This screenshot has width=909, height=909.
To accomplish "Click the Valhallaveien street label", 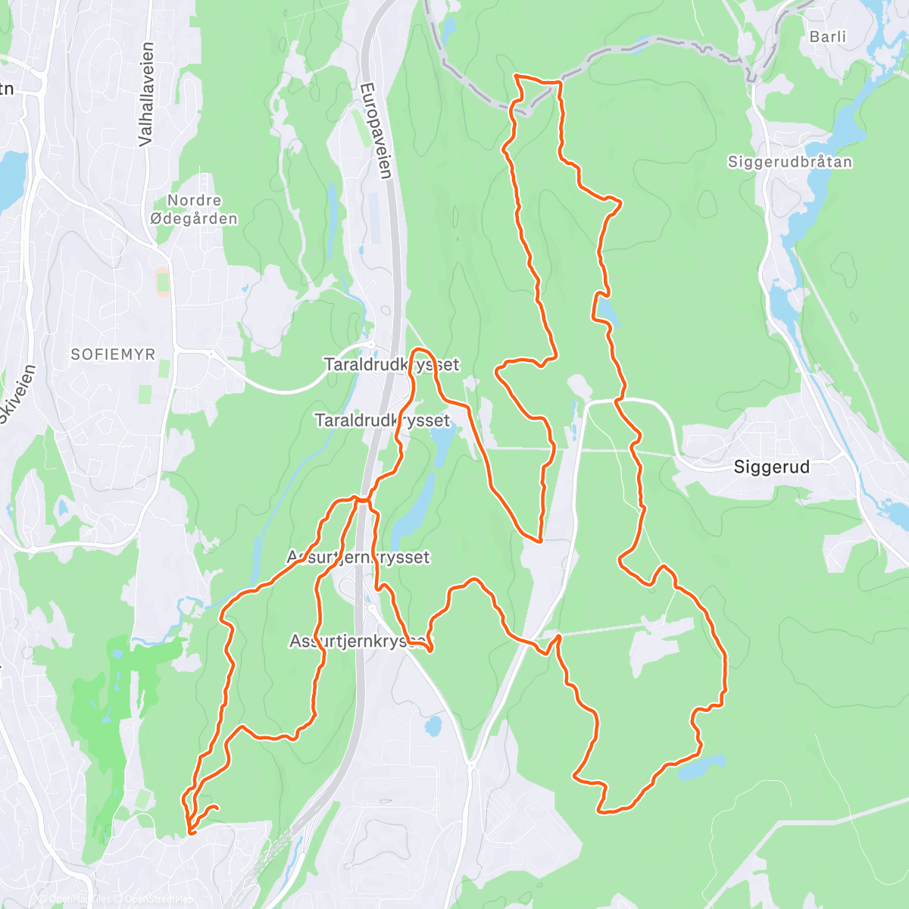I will tap(146, 94).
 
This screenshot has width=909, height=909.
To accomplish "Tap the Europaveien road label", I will tap(376, 130).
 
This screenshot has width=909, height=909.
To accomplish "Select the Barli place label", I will tap(827, 36).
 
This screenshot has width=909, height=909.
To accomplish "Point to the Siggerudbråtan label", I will tap(789, 161).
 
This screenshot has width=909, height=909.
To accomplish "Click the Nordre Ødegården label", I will tap(194, 209).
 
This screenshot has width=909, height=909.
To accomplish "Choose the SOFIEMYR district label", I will tap(113, 354).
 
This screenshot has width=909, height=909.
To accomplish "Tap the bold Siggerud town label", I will tap(771, 467).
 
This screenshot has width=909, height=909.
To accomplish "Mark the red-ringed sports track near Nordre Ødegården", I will tap(162, 283).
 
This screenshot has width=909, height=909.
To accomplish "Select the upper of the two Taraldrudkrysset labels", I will tap(391, 364).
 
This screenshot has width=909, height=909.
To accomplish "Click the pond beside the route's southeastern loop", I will tap(701, 768).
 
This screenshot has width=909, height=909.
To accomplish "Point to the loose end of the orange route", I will tap(217, 807).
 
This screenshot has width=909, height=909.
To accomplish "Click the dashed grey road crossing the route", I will tap(636, 49).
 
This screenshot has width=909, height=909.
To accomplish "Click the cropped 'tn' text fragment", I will tap(6, 89).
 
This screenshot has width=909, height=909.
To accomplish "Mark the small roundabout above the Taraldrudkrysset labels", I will tap(371, 344).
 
